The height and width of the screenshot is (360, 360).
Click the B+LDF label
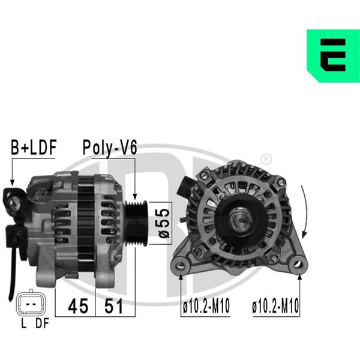(x=34, y=148)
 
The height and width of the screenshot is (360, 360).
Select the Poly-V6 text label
(x=110, y=148)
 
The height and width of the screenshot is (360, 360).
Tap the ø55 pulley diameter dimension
(x=164, y=223)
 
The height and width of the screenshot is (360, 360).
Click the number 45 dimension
(x=78, y=306)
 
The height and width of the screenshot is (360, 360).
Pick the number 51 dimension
(x=113, y=306)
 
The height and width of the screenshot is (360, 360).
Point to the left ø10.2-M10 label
(x=206, y=306)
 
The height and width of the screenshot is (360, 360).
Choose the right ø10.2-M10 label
(x=275, y=306)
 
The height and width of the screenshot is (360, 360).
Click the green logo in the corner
(x=333, y=56)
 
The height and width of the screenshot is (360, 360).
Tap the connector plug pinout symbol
(x=31, y=304)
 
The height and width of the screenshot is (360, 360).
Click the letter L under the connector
(x=23, y=323)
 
